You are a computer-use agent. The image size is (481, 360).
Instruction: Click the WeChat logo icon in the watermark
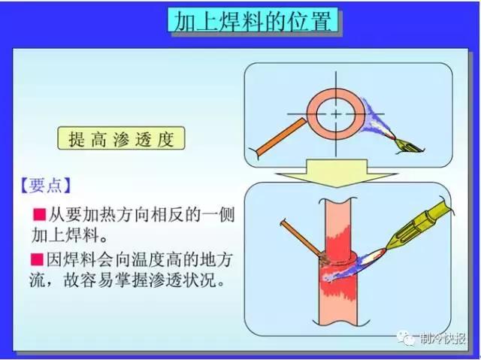(x=409, y=339)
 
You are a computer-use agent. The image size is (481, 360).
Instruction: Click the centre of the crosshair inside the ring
(x=330, y=113)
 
